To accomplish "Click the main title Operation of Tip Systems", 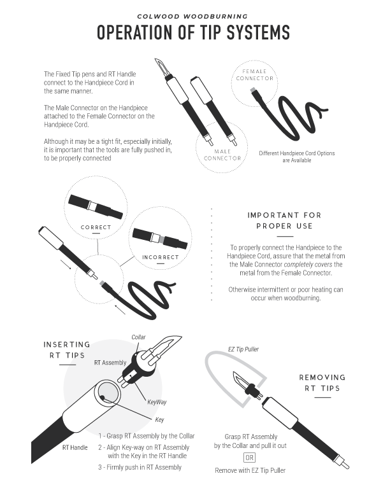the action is [193, 32].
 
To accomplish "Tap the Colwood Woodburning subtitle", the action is [192, 17].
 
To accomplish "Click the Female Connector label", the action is [254, 75].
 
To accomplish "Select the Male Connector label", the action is [222, 155].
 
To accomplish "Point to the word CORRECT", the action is [96, 227].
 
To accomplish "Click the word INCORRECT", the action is [161, 257].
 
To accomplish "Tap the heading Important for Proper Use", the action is [284, 220].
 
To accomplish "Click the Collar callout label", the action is [138, 337].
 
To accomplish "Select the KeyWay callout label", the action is [157, 402].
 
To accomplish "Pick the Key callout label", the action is [159, 420].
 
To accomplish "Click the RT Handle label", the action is [75, 447].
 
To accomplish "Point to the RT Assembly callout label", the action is [110, 363].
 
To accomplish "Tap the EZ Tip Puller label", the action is [243, 349].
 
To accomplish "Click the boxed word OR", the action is [249, 458].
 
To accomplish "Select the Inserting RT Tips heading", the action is [67, 350].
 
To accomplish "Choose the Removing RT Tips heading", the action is [322, 382].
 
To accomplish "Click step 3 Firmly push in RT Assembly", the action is [140, 467].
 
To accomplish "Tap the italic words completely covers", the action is [308, 265].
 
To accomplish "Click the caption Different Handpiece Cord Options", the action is [297, 153].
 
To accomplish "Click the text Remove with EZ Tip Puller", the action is [250, 470].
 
